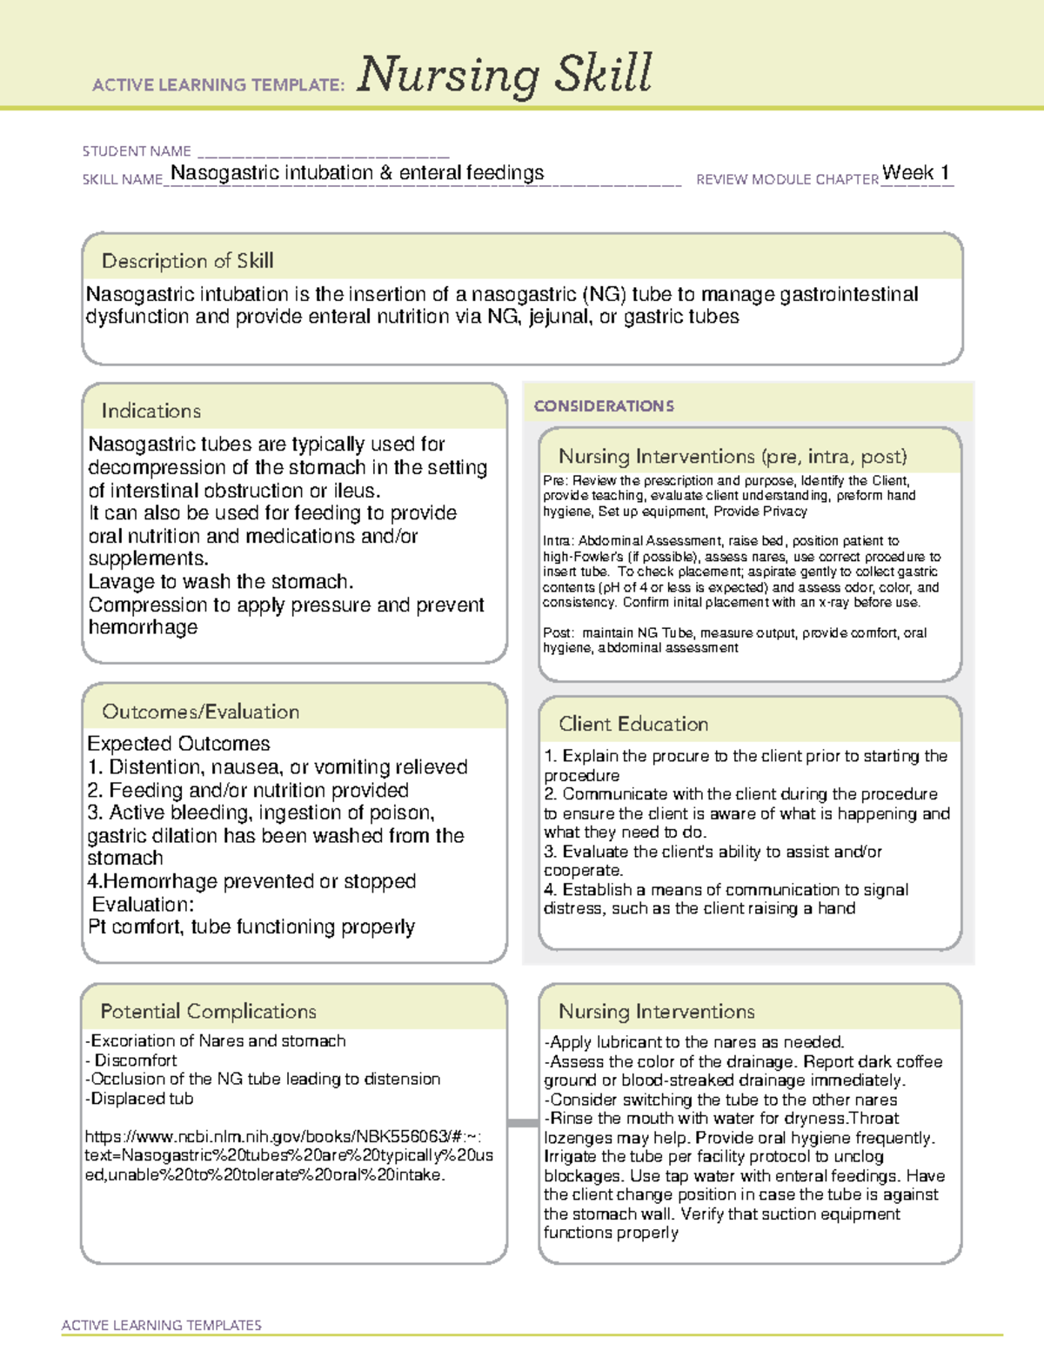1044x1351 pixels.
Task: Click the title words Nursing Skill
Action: pyautogui.click(x=504, y=75)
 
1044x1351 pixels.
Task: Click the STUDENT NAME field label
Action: pyautogui.click(x=137, y=151)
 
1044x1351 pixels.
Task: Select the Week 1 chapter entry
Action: pyautogui.click(x=915, y=172)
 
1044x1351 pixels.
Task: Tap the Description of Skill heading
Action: pyautogui.click(x=187, y=261)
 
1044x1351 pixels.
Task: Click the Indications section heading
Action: pyautogui.click(x=151, y=411)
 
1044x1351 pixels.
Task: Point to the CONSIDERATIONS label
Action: pyautogui.click(x=604, y=406)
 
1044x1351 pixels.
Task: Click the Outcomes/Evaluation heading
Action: pyautogui.click(x=200, y=712)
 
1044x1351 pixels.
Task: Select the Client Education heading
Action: pyautogui.click(x=632, y=724)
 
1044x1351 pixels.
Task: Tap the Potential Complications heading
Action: pyautogui.click(x=208, y=1011)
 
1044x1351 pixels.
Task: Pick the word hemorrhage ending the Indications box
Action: pyautogui.click(x=143, y=627)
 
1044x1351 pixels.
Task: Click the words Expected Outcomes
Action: pyautogui.click(x=178, y=744)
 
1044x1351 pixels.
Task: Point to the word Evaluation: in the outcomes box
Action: pyautogui.click(x=144, y=904)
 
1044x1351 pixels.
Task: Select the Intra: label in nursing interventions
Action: pyautogui.click(x=559, y=541)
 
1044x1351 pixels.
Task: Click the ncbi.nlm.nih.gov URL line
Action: pyautogui.click(x=284, y=1136)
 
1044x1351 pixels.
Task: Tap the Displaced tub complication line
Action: pyautogui.click(x=139, y=1099)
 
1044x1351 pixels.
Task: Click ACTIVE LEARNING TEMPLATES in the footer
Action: pyautogui.click(x=161, y=1325)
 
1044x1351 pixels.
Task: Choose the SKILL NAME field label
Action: pyautogui.click(x=123, y=179)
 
